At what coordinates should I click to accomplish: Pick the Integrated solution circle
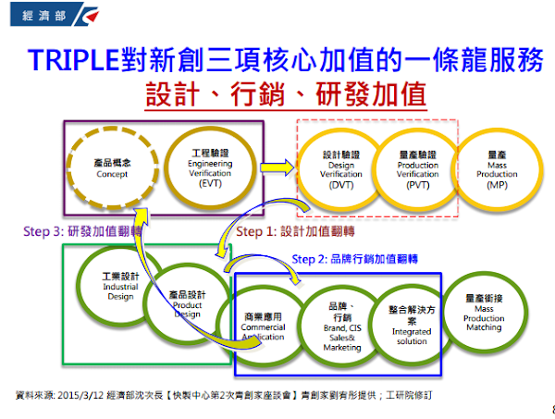(x=412, y=327)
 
